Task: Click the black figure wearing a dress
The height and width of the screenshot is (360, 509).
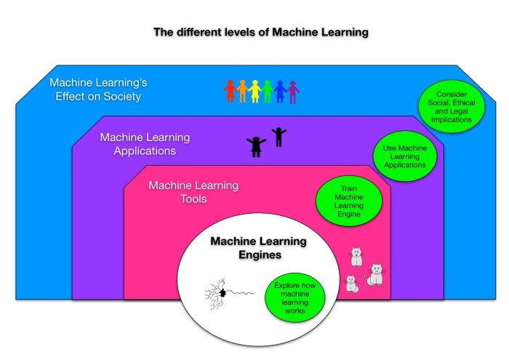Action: tap(255, 146)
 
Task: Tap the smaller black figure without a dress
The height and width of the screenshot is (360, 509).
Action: tap(278, 136)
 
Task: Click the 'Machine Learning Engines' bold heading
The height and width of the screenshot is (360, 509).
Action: tap(258, 248)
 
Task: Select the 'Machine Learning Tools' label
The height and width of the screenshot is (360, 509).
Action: tap(193, 192)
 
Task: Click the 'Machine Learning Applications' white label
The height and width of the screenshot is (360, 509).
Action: tap(145, 144)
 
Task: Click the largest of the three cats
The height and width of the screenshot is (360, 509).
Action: tap(375, 275)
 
